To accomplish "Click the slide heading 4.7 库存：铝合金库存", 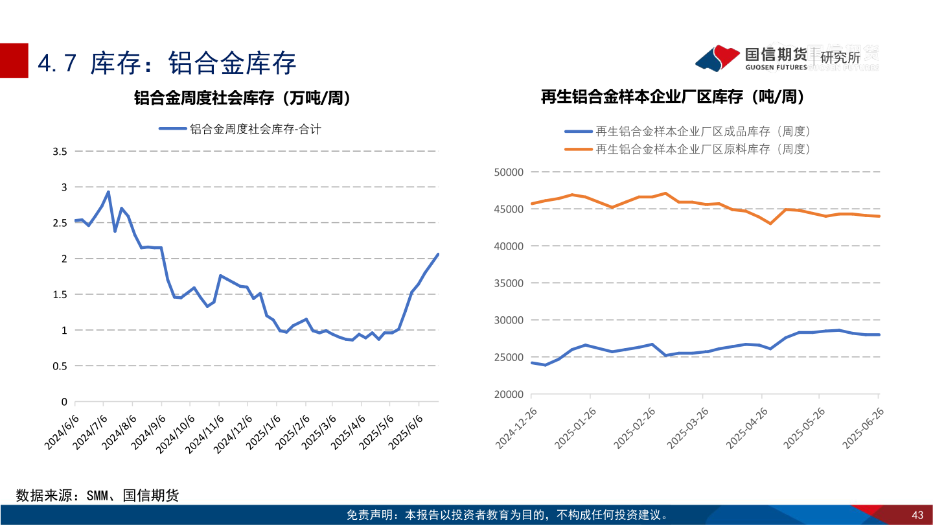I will point(167,63).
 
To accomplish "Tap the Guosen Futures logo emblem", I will point(718,58).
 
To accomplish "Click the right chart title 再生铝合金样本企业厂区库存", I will point(673,97).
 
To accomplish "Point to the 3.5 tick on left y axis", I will point(60,152).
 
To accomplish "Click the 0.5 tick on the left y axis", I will point(60,366).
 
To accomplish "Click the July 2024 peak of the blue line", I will point(108,192).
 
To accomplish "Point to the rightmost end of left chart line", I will point(438,254).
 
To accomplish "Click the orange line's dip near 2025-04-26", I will point(770,224).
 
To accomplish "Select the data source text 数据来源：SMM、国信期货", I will point(97,496).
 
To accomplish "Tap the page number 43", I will point(917,515).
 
